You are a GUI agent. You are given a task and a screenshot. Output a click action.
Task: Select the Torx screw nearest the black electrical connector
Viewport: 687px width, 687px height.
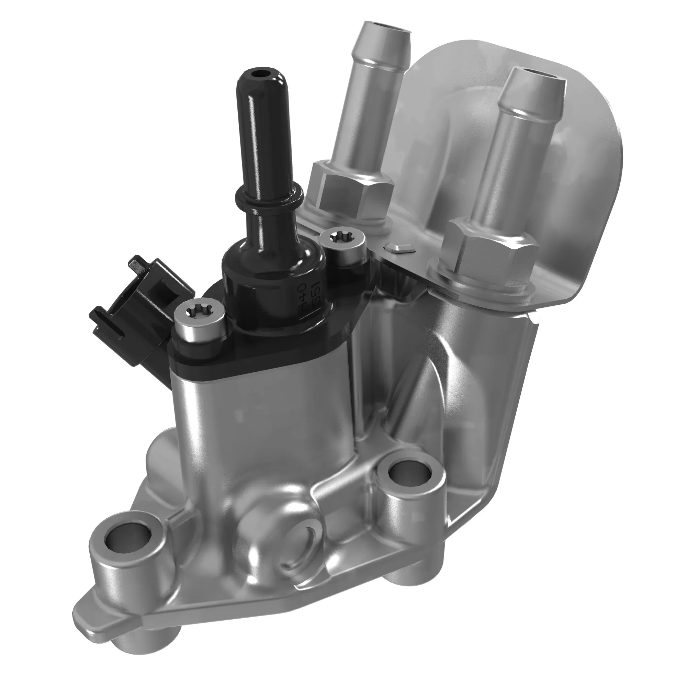tap(200, 313)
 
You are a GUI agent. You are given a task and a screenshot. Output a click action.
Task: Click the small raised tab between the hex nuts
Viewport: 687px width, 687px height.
tap(400, 248)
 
